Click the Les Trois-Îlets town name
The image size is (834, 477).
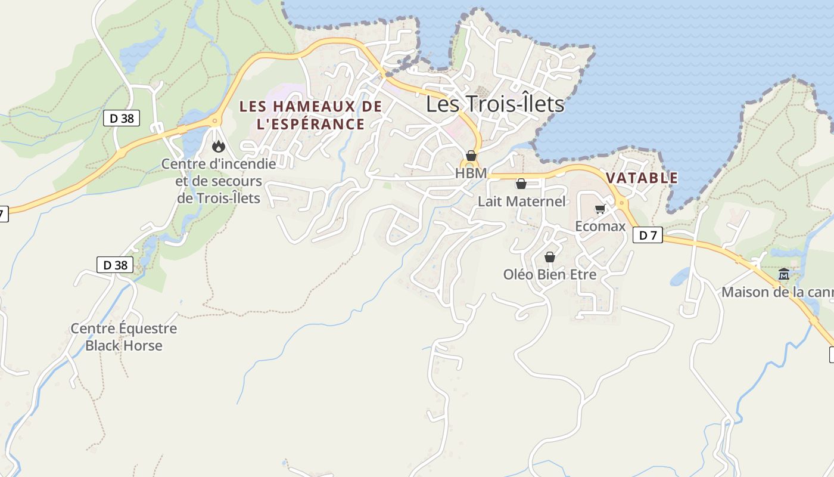coord(494,104)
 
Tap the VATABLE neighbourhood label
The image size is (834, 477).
coord(642,178)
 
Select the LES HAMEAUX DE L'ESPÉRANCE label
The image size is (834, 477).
coord(310,115)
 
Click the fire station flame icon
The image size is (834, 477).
coord(219,146)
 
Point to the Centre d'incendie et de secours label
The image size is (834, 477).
coord(219,181)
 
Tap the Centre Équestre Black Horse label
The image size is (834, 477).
coord(123,337)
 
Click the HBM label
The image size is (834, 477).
coord(471,173)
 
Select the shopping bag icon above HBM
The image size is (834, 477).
coord(471,156)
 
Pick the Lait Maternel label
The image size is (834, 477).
coord(521,202)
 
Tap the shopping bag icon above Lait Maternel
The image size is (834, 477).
coord(521,184)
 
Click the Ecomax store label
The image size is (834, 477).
coord(600,227)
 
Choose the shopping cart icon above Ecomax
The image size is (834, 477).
coord(600,209)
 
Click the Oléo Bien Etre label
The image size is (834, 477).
coord(549,275)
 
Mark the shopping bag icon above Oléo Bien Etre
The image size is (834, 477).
coord(549,257)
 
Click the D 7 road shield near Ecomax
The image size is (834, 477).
coord(648,236)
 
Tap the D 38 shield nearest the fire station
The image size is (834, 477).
coord(122,118)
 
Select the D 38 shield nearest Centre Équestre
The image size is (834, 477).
coord(115,265)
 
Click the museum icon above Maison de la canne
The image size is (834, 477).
coord(783,274)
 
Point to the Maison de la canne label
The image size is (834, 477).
coord(777,293)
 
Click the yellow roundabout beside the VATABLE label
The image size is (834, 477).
coord(622,203)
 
